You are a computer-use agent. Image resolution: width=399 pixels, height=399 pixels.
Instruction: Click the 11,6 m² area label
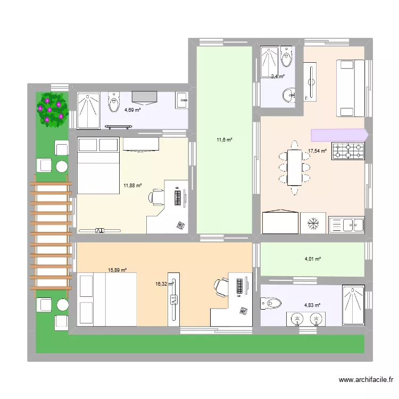point(224,140)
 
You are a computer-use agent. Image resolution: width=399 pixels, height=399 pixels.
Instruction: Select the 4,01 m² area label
point(312,259)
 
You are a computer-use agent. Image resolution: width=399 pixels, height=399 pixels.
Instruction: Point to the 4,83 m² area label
point(312,305)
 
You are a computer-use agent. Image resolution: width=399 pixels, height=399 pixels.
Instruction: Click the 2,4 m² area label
point(278,77)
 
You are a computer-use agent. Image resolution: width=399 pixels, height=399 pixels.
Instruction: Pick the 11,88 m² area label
point(133,186)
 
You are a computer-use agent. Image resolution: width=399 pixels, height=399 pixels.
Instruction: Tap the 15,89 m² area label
point(117,270)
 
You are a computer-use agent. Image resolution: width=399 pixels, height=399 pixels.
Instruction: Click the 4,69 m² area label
point(132,110)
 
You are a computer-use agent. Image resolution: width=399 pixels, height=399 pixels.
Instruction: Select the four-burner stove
point(348,152)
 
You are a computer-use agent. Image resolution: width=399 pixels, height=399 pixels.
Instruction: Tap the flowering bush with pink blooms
point(52,109)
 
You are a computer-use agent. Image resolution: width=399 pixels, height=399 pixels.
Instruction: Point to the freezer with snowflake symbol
point(313,223)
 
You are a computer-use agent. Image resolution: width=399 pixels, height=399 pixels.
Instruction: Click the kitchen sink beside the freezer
point(346,225)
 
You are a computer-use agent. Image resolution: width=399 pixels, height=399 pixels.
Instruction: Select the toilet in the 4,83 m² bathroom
point(271,303)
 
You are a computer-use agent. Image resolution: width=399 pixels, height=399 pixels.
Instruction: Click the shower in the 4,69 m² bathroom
point(88,111)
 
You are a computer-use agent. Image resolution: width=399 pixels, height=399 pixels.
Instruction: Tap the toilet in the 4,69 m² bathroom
point(114,102)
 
